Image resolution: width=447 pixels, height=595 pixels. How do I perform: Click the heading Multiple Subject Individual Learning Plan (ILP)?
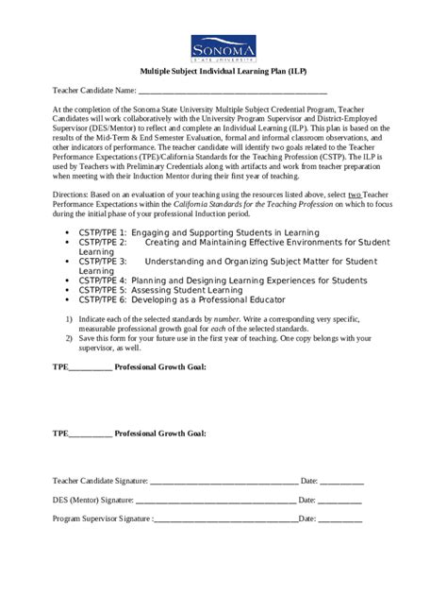[223, 72]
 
